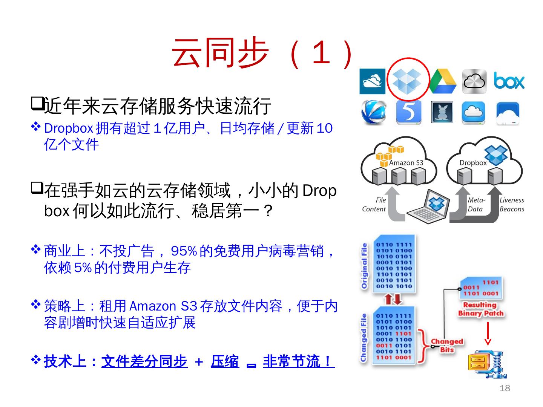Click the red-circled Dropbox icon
(x=408, y=81)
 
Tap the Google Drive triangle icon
(x=442, y=81)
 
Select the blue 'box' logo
(x=509, y=81)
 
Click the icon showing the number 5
(x=408, y=112)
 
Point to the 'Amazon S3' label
(x=406, y=163)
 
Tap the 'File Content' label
(x=374, y=205)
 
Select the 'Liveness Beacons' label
(x=512, y=205)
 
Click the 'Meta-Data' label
(x=476, y=205)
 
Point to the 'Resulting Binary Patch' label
(x=480, y=309)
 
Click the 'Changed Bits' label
(x=447, y=346)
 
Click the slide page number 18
(x=505, y=388)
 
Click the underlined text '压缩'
(x=225, y=361)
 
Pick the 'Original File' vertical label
(x=364, y=266)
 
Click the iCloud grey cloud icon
(x=474, y=81)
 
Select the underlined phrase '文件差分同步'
(x=144, y=361)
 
